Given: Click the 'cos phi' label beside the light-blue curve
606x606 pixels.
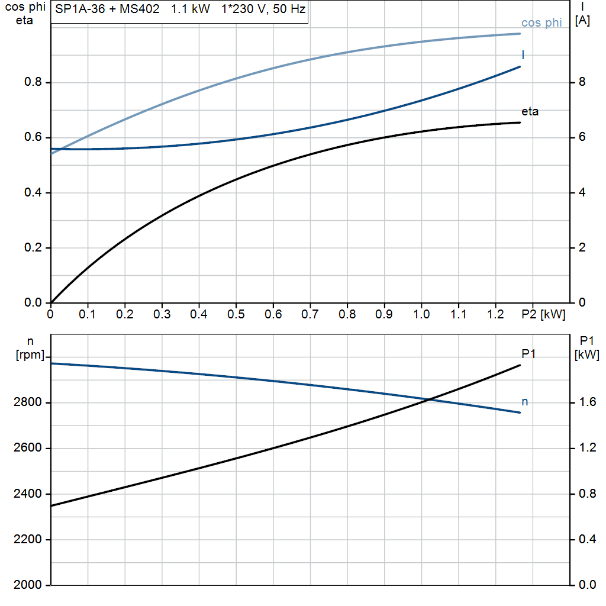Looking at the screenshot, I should coord(541,23).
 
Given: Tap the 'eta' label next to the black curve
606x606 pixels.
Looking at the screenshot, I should coord(530,111).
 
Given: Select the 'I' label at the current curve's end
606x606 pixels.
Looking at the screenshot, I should coord(523,54).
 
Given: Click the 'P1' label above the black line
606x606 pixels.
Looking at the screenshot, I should coord(528,353).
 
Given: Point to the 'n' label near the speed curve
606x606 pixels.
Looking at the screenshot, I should coord(524,402).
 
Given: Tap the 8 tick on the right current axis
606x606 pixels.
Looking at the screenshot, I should coord(582,82).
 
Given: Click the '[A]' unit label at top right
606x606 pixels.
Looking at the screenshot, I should coord(582,21).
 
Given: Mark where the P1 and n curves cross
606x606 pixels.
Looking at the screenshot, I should coord(428,400).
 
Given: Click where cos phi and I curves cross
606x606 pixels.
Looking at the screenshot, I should coord(58,149).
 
